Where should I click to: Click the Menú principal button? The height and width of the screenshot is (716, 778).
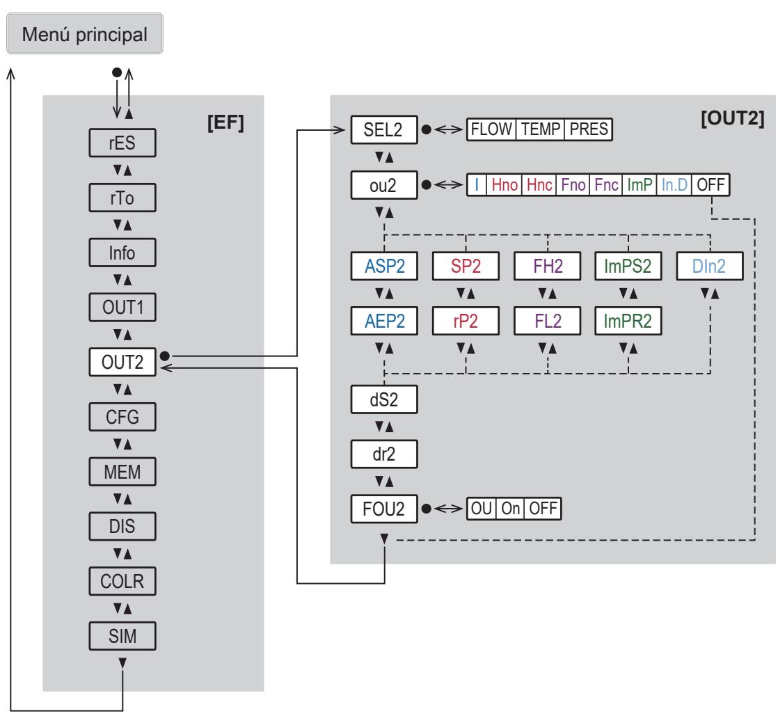[x=85, y=33]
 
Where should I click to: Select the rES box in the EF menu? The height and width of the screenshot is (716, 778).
[x=122, y=143]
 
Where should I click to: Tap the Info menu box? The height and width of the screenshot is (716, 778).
[x=122, y=253]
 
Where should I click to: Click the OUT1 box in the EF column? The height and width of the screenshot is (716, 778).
[x=122, y=307]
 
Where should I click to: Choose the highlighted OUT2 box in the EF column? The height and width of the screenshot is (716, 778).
[x=122, y=363]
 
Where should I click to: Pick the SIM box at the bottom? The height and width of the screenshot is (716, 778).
[x=122, y=635]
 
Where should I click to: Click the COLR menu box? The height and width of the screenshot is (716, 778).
[x=122, y=581]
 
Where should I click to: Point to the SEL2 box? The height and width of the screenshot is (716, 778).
[x=384, y=129]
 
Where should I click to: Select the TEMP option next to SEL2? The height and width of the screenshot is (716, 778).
[x=540, y=129]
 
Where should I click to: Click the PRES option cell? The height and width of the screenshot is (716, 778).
[x=589, y=129]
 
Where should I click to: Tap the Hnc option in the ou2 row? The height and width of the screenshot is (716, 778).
[x=539, y=185]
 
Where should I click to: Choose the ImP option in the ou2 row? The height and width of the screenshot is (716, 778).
[x=640, y=185]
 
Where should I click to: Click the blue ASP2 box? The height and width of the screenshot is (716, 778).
[x=384, y=266]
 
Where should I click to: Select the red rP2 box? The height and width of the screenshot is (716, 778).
[x=466, y=321]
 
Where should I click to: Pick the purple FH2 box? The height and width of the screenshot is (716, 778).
[x=547, y=266]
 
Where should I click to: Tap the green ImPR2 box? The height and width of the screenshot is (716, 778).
[x=628, y=321]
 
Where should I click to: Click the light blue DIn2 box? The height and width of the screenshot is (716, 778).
[x=710, y=266]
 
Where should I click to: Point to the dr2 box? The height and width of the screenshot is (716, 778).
[x=384, y=454]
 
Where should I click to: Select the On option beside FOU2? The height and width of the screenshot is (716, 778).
[x=511, y=509]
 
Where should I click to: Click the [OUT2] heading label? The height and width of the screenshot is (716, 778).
[x=732, y=118]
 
